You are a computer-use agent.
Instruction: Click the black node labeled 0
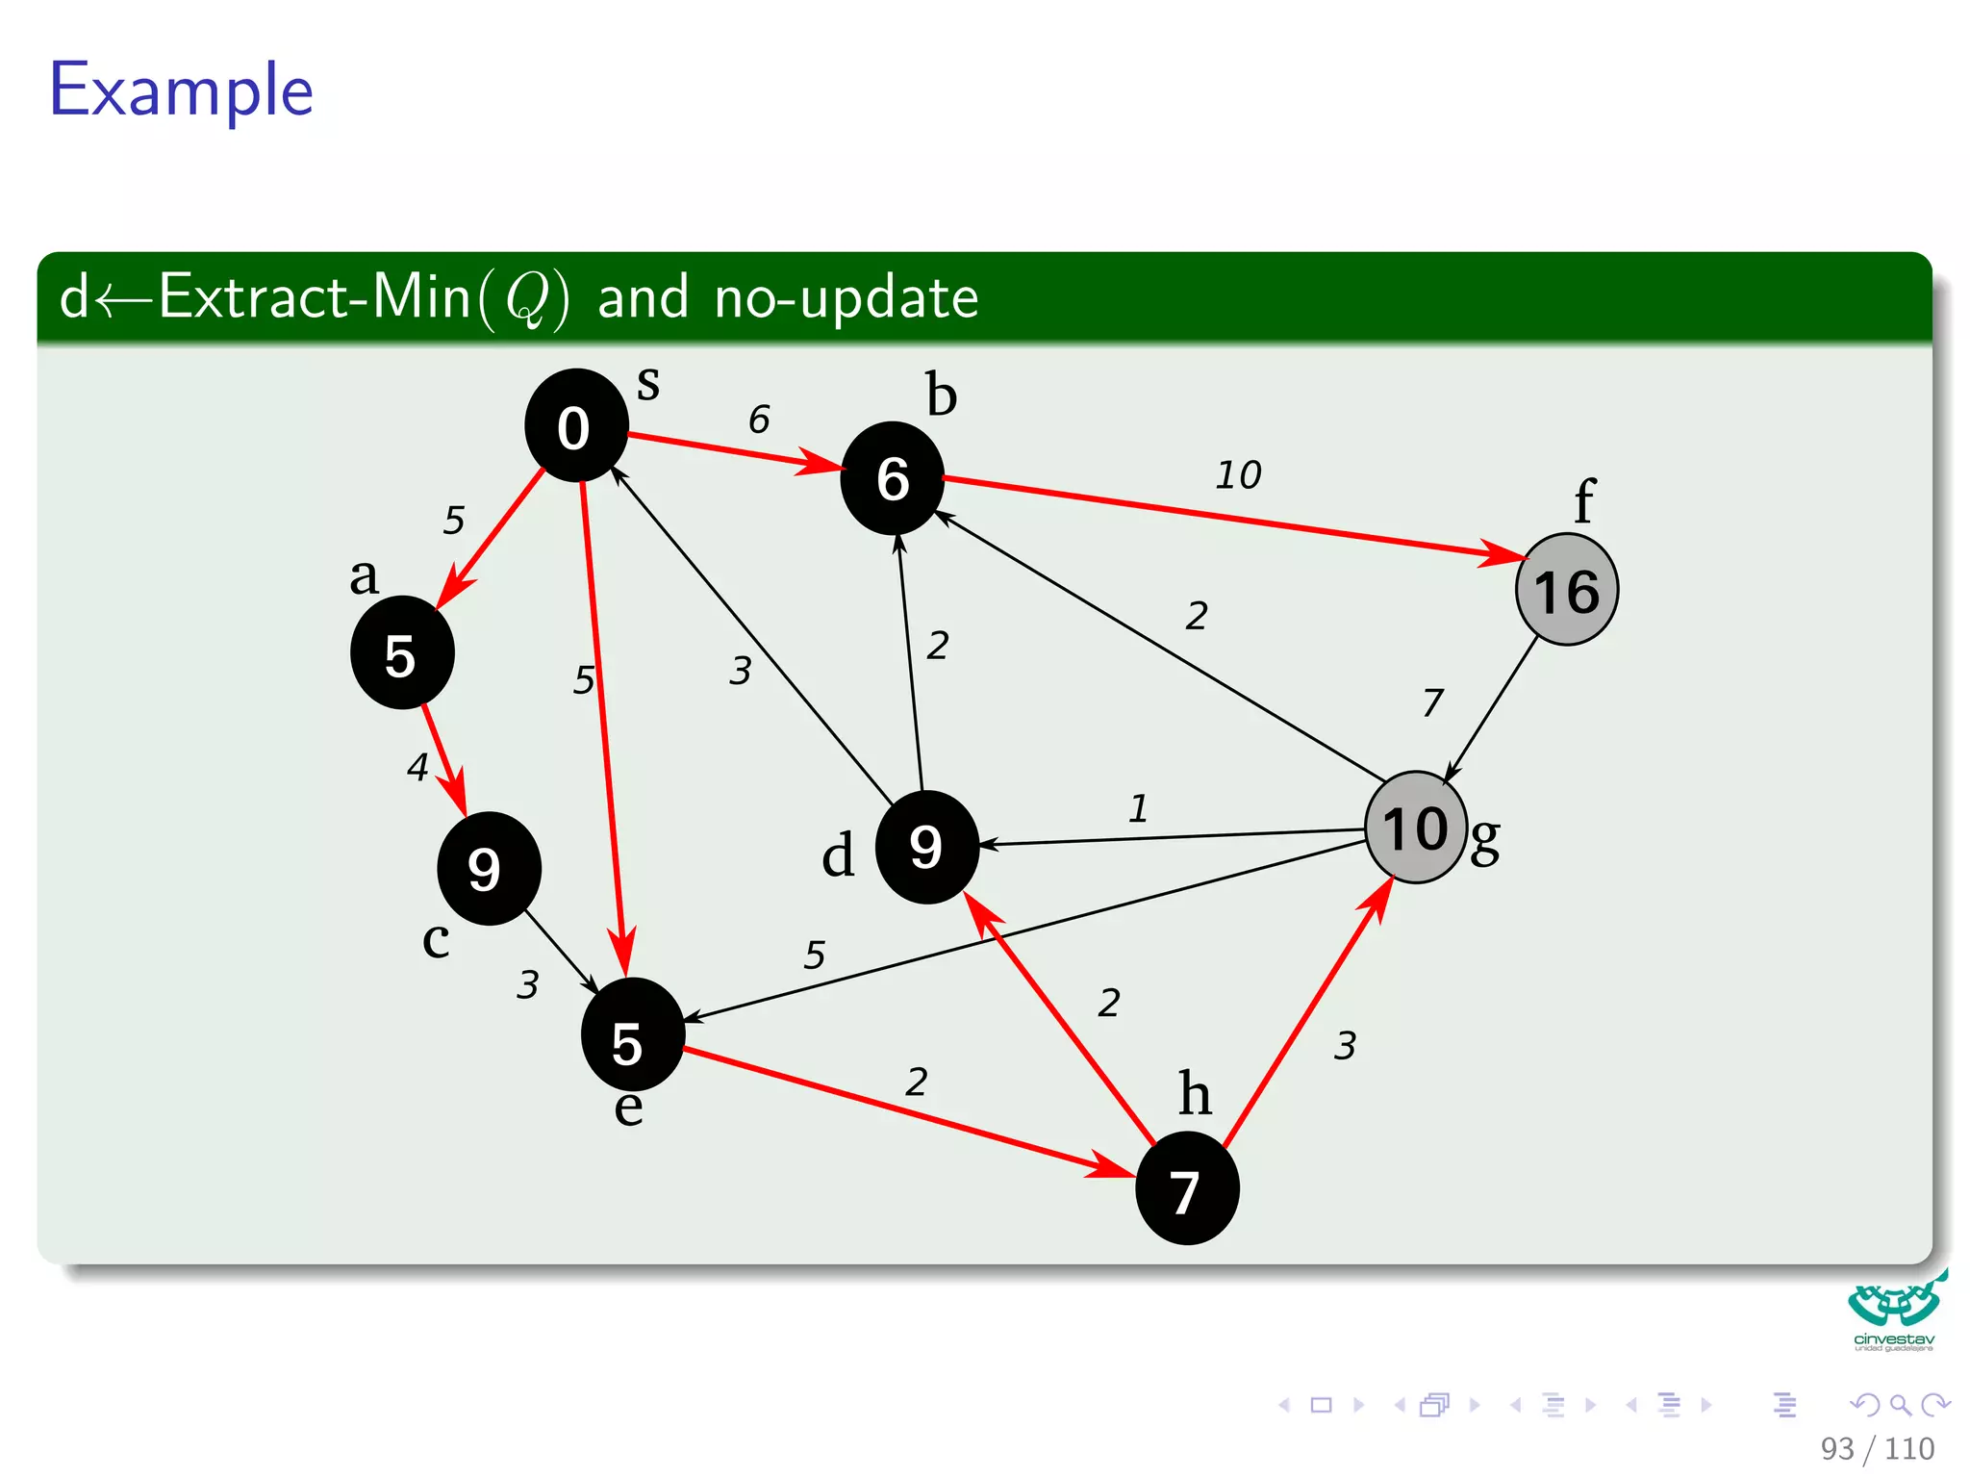pyautogui.click(x=575, y=425)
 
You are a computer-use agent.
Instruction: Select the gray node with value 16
pyautogui.click(x=1566, y=590)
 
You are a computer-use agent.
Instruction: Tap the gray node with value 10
pyautogui.click(x=1415, y=828)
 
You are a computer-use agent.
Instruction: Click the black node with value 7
pyautogui.click(x=1186, y=1189)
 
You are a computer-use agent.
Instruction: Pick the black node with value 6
pyautogui.click(x=892, y=478)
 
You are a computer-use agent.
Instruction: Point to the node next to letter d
pyautogui.click(x=926, y=847)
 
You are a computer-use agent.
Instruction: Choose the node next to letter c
pyautogui.click(x=488, y=868)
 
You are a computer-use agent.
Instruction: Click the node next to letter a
pyautogui.click(x=401, y=653)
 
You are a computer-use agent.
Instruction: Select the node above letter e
pyautogui.click(x=632, y=1035)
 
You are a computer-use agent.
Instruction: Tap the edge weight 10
pyautogui.click(x=1238, y=475)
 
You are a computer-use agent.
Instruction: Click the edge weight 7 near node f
pyautogui.click(x=1432, y=702)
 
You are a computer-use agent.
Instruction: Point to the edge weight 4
pyautogui.click(x=417, y=767)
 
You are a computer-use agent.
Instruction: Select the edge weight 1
pyautogui.click(x=1138, y=808)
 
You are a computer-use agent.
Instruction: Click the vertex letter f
pyautogui.click(x=1583, y=501)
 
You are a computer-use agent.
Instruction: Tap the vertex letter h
pyautogui.click(x=1194, y=1093)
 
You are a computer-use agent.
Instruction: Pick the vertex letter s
pyautogui.click(x=648, y=383)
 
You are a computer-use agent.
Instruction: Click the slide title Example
pyautogui.click(x=182, y=89)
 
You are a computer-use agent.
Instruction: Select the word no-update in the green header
pyautogui.click(x=846, y=297)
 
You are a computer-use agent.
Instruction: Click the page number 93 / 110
pyautogui.click(x=1876, y=1448)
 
